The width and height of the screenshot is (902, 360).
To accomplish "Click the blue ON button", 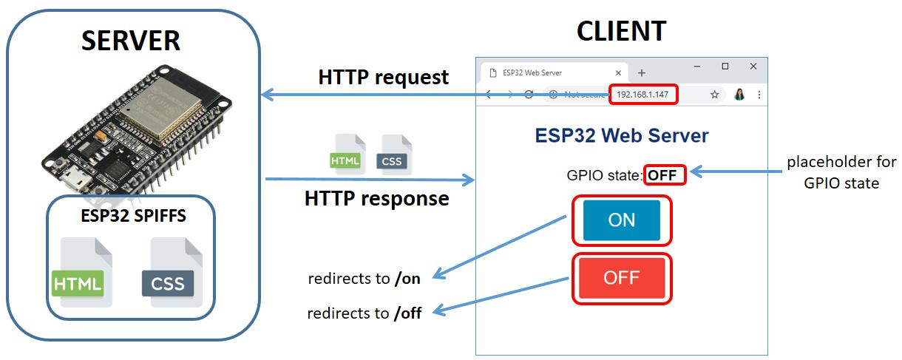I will pos(621,220).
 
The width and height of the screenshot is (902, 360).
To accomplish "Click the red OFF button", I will pos(621,278).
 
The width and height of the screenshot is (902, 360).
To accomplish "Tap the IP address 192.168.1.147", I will pos(642,95).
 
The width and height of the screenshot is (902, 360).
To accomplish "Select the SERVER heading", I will pos(130,41).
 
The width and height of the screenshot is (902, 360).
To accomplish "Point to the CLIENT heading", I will pos(621,31).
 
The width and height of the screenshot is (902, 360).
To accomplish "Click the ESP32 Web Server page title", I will pos(621,136).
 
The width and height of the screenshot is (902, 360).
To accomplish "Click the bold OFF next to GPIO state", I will pos(662,175).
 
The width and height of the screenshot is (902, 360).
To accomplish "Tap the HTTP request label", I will pos(383,77).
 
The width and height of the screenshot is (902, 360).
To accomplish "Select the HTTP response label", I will pos(376,199).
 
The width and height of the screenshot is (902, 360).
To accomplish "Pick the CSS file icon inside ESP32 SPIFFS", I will pos(168,273).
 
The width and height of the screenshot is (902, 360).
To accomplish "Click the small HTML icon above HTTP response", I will pos(346,155).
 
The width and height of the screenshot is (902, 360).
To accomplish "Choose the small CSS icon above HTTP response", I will pos(392,155).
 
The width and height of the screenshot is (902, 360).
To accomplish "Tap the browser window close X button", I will pos(753,67).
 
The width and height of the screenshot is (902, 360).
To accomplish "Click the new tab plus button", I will pos(642,72).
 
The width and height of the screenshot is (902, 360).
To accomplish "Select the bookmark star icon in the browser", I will pos(715,95).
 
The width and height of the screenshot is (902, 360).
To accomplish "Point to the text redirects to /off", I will pos(364,313).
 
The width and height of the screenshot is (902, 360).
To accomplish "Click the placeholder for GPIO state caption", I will pos(841,172).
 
